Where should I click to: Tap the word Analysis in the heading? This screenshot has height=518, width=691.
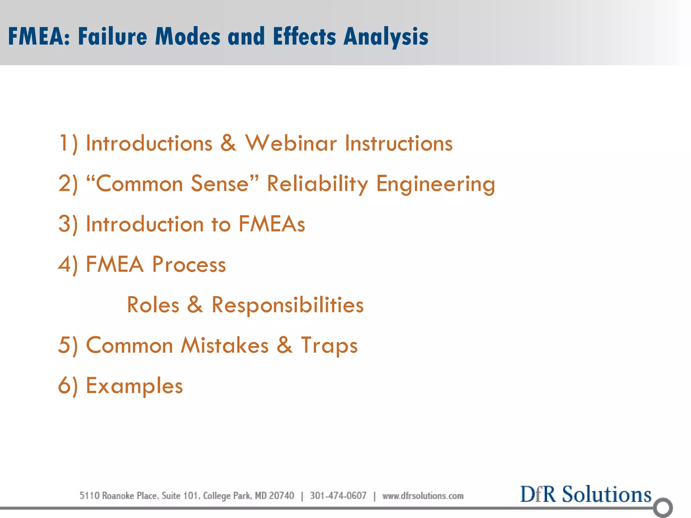point(386,36)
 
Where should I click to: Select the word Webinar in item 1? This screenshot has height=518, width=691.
point(291,143)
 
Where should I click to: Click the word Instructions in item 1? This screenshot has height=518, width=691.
point(398,143)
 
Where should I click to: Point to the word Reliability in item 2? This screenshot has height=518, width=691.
point(317,184)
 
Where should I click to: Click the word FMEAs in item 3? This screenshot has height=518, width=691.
point(272,224)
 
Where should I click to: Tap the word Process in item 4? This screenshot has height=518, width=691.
point(189,264)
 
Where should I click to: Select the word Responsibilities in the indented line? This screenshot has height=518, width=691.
point(287,305)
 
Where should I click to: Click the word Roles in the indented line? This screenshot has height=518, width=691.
point(153,305)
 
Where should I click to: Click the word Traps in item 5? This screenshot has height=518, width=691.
point(329,345)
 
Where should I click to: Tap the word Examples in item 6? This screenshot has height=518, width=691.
point(134,386)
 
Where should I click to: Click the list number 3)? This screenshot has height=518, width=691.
point(68,224)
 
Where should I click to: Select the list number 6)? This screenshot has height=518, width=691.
point(68,386)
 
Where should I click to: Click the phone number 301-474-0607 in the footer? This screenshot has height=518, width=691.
point(338,496)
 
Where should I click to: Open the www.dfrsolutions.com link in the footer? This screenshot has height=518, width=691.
point(423,496)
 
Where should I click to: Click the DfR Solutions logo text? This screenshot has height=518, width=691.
point(585,494)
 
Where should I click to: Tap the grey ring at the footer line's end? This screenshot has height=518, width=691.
point(663,507)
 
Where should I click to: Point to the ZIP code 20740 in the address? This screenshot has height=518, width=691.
point(281,496)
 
